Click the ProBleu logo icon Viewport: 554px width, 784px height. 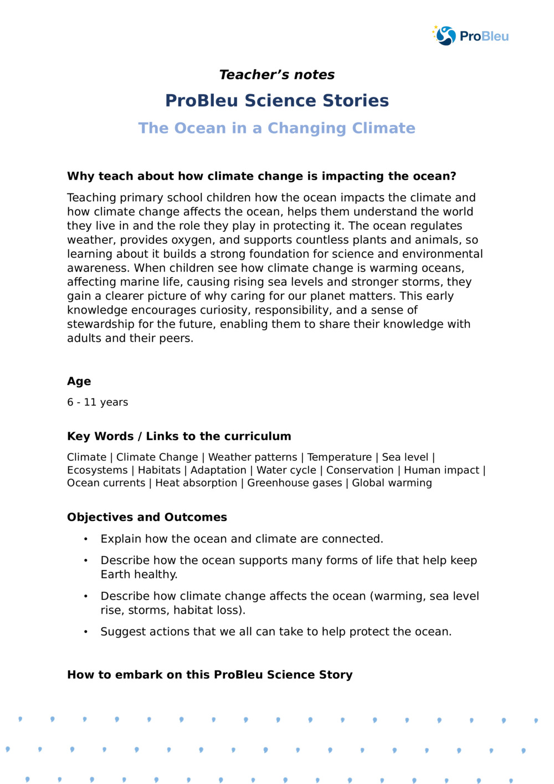(445, 36)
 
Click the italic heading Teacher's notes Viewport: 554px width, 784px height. (276, 75)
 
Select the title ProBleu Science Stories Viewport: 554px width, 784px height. (276, 100)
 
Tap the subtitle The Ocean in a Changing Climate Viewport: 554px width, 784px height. (276, 128)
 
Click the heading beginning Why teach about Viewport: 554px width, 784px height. (261, 176)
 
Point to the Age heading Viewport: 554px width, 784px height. (79, 381)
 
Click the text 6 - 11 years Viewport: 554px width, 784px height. (98, 402)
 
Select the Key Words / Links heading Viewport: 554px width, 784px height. (179, 436)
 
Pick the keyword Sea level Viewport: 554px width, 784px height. (405, 457)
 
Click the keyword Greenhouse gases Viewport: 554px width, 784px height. (294, 483)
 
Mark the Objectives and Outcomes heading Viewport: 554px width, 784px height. (147, 517)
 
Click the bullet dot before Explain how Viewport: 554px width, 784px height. (86, 539)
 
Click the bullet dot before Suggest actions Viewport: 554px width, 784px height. (86, 632)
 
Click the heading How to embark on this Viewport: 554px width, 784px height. (209, 675)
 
